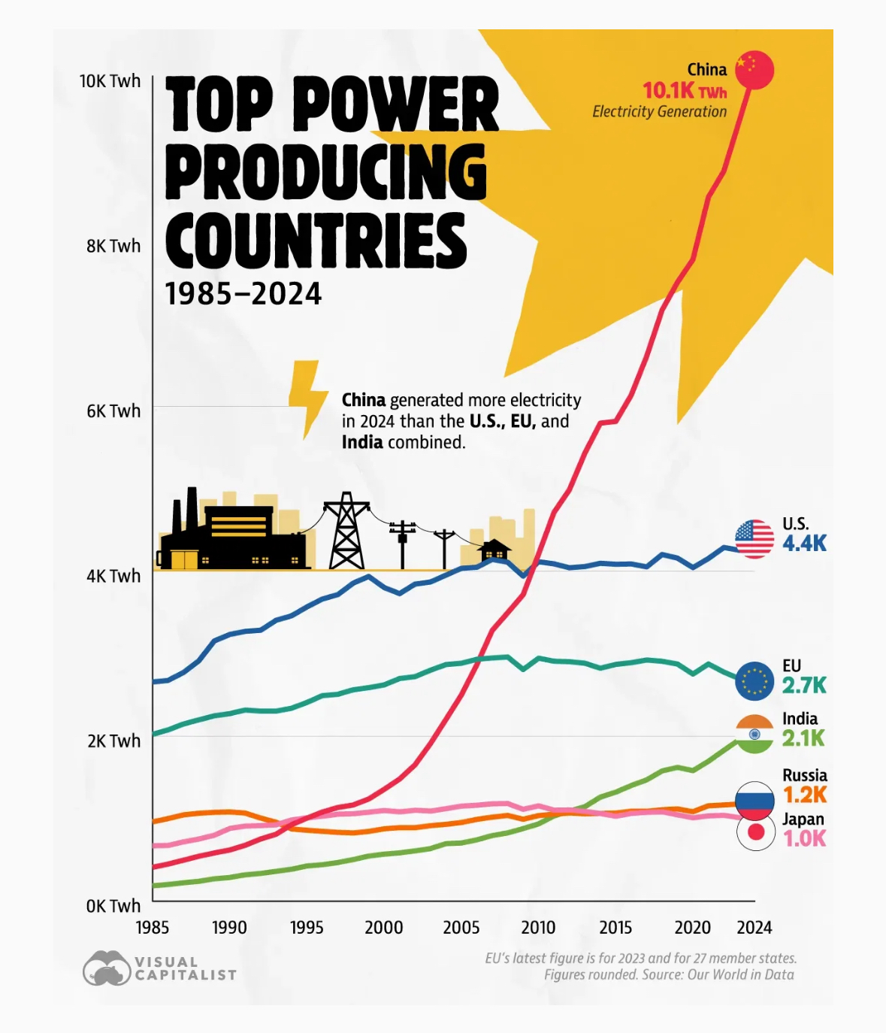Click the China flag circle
click(x=754, y=70)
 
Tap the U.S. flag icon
click(x=754, y=539)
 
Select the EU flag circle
click(x=754, y=681)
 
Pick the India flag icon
click(x=754, y=734)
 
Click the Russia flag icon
click(x=754, y=800)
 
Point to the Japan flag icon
click(x=755, y=832)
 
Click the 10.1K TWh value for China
click(x=685, y=91)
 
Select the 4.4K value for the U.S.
click(x=804, y=543)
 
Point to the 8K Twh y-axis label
click(x=113, y=246)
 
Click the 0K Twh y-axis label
click(x=113, y=906)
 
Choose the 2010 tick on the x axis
click(x=538, y=927)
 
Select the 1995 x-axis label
click(x=307, y=927)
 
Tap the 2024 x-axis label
click(x=754, y=927)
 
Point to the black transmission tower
click(x=346, y=531)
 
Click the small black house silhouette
click(x=494, y=554)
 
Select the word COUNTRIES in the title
click(x=316, y=240)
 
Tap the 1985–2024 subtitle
click(x=243, y=294)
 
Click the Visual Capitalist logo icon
click(x=107, y=968)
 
